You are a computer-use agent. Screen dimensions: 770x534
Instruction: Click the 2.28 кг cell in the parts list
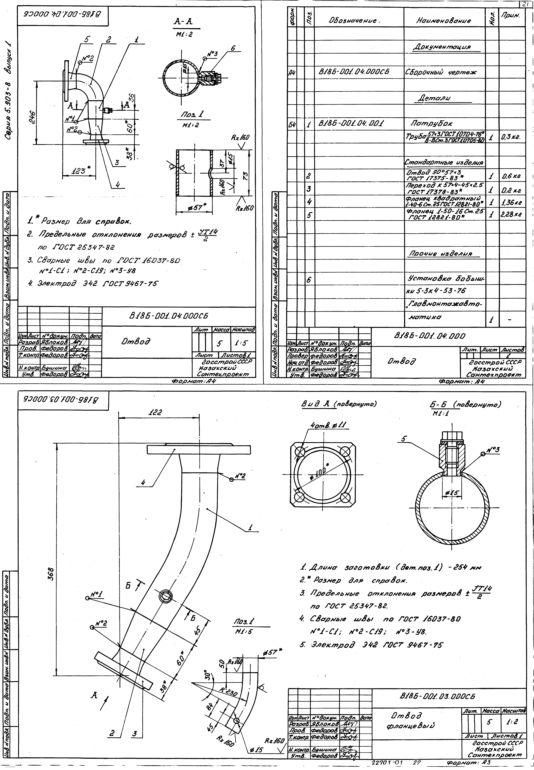coord(511,214)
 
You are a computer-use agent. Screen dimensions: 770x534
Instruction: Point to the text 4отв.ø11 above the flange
coord(330,425)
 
